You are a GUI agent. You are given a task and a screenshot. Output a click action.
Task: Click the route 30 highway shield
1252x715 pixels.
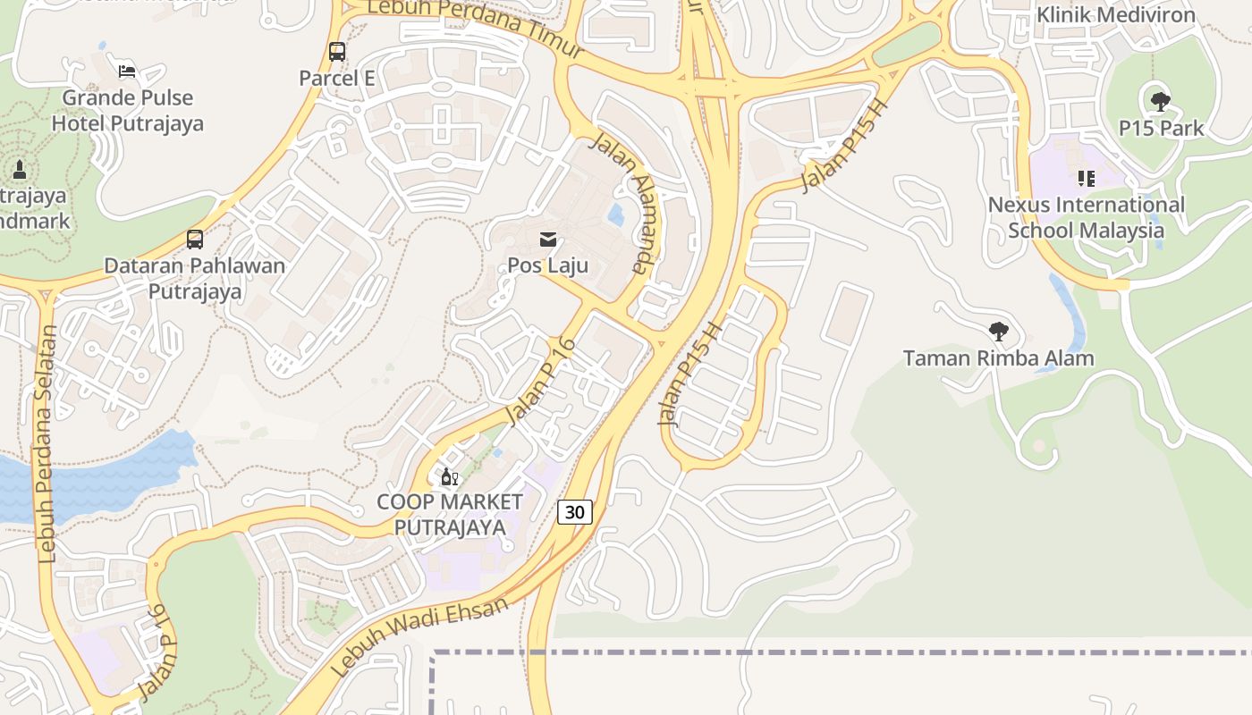[x=575, y=511]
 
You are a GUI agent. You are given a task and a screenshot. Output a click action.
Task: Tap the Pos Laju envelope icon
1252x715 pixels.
[x=548, y=240]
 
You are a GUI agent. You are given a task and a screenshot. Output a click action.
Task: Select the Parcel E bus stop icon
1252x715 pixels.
[x=336, y=52]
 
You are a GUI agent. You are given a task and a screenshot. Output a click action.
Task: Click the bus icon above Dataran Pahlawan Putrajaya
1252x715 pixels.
[x=194, y=240]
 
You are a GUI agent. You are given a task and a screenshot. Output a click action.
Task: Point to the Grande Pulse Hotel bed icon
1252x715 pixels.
[x=127, y=71]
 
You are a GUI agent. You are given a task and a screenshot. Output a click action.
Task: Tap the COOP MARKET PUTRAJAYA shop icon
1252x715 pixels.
[x=449, y=476]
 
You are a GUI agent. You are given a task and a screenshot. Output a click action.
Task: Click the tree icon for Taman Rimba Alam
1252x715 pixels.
[x=999, y=332]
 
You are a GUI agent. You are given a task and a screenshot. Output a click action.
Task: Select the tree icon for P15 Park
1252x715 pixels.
[x=1160, y=102]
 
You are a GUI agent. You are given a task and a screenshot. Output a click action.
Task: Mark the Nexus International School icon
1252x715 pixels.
[x=1086, y=179]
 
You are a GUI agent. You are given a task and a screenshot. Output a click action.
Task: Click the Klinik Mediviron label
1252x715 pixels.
[x=1115, y=15]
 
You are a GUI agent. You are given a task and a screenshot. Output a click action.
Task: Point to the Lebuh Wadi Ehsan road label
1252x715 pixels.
[x=420, y=636]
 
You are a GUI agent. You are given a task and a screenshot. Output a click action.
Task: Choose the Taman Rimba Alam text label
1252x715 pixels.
[x=998, y=358]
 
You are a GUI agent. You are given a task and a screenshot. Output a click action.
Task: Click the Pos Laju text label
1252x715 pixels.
[x=548, y=265]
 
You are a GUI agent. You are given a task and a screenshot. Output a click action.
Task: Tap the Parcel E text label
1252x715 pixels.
[x=336, y=78]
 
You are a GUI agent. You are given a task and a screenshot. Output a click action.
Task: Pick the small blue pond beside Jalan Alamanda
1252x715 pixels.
[x=615, y=214]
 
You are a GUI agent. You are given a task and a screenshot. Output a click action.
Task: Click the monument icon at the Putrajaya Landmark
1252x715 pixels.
[x=20, y=168]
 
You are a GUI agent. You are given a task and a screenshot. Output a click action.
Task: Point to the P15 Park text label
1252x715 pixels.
[x=1161, y=128]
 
